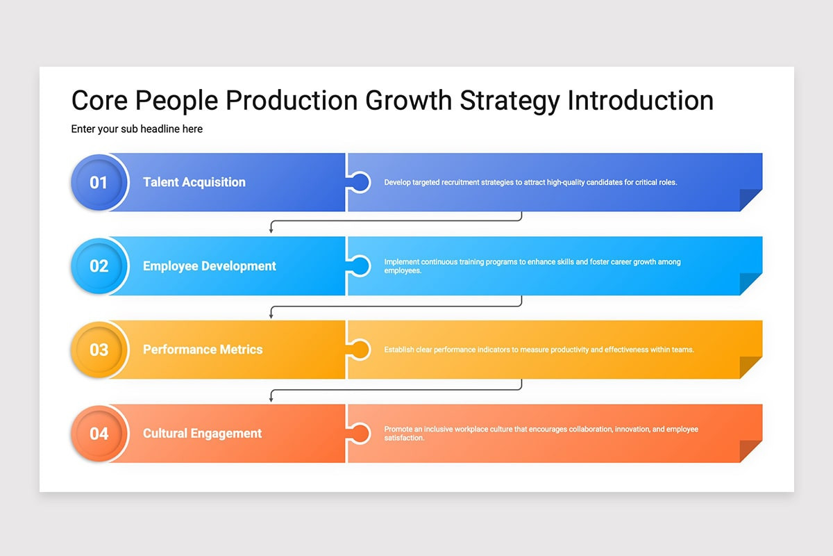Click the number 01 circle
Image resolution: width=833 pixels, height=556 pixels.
pos(99,182)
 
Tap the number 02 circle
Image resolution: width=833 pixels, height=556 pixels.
pos(99,266)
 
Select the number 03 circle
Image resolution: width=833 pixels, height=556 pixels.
pos(99,350)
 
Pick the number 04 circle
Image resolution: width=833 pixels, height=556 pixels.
pos(99,434)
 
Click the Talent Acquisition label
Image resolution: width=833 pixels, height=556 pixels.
pos(194,182)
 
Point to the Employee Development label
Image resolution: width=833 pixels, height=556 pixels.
pos(210,266)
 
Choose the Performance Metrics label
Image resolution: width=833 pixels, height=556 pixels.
pos(203,350)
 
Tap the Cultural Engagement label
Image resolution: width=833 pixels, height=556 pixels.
pos(202,434)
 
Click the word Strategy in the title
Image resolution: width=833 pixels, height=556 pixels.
pos(510,101)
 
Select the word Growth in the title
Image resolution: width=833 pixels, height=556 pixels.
pos(409,101)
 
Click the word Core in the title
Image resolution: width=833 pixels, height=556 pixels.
pos(99,101)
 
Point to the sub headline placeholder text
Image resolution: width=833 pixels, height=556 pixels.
pos(137,129)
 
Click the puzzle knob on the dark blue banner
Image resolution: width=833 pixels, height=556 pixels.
pos(360,182)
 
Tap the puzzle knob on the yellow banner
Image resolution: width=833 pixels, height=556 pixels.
pos(360,350)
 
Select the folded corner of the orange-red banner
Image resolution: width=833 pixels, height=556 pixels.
pos(750,450)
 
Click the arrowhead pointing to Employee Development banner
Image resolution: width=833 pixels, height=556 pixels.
pos(271,231)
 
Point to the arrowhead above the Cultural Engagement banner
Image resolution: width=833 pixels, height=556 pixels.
pos(271,399)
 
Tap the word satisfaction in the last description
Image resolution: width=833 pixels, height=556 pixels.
pos(404,438)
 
